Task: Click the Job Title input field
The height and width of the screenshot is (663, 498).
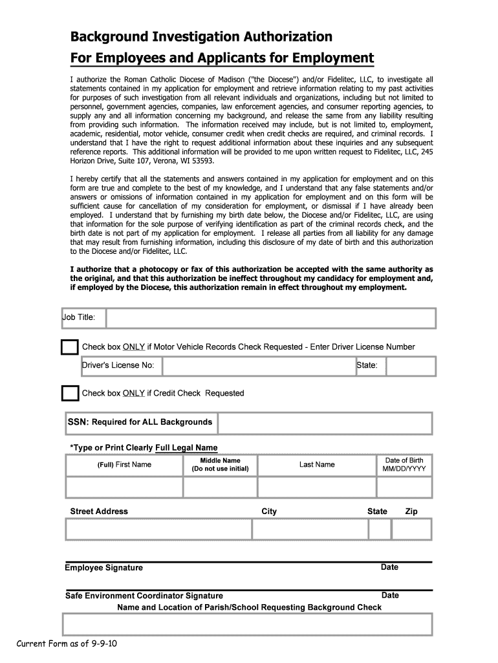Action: coord(270,318)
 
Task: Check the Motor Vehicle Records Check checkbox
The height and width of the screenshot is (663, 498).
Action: coord(69,348)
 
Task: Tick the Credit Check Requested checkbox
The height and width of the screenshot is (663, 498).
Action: coord(69,394)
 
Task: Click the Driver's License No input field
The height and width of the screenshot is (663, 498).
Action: coord(258,366)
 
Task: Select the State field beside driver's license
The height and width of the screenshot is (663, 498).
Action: coord(411,366)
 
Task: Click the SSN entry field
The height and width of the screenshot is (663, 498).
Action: coord(325,423)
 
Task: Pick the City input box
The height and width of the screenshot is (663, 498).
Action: coord(309,529)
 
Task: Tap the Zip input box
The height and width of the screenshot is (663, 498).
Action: coord(412,529)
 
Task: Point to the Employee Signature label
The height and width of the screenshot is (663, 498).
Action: coord(103,568)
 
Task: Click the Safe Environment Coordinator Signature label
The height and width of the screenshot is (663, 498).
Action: coord(144,596)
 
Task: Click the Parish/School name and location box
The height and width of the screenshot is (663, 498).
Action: coord(247,625)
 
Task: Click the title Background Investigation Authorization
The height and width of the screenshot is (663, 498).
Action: coord(201,36)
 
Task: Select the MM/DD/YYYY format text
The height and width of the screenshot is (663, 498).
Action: coord(404,469)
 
